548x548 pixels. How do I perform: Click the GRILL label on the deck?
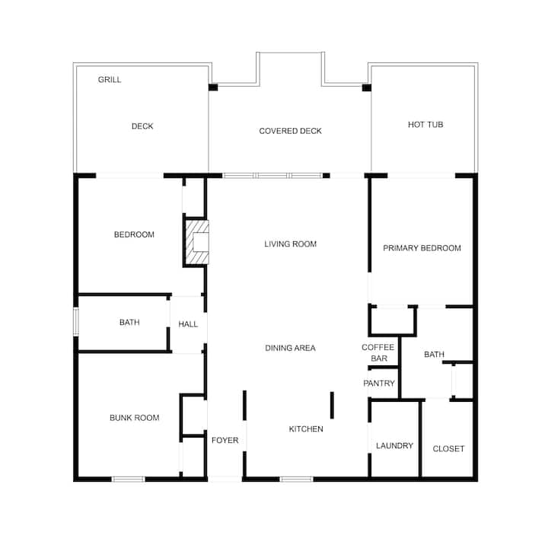tap(110, 80)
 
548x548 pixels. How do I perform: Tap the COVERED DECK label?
tap(290, 131)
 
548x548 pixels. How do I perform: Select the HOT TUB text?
tap(425, 125)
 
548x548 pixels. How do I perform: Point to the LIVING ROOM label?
tap(290, 244)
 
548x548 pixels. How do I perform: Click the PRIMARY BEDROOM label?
tap(422, 248)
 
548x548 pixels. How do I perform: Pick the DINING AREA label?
tap(290, 348)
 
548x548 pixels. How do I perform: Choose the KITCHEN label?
tap(306, 429)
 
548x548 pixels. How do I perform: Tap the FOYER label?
tap(225, 441)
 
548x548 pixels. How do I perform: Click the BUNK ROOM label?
tap(134, 418)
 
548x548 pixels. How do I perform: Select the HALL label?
tap(188, 324)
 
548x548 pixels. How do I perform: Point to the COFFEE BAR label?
tap(378, 352)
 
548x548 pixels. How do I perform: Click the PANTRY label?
tap(379, 384)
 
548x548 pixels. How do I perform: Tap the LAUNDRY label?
tap(394, 445)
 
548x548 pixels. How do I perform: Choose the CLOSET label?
tap(448, 449)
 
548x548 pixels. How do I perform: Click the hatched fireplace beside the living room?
tap(197, 242)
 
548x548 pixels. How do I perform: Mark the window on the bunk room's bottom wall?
tap(129, 479)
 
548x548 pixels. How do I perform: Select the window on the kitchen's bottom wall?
tap(296, 479)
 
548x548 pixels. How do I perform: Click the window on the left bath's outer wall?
tap(76, 321)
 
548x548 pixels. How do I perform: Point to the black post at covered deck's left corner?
tap(213, 88)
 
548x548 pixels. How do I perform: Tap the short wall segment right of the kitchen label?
tap(332, 406)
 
